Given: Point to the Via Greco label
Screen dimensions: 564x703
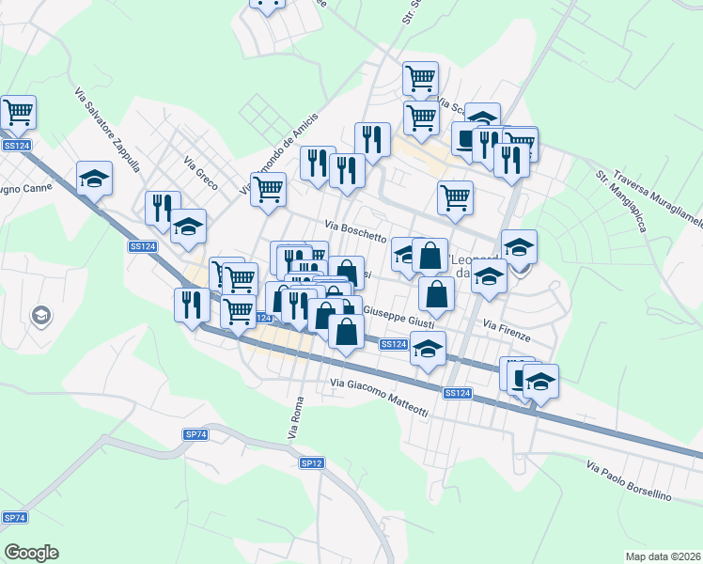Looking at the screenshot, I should [x=201, y=172].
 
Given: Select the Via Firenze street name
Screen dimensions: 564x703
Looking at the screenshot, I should [x=508, y=330].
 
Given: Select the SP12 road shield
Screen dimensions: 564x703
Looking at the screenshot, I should [x=312, y=463].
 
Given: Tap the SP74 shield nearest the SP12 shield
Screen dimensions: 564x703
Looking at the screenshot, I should [x=195, y=434].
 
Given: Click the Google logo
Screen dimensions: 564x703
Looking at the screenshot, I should [x=31, y=553].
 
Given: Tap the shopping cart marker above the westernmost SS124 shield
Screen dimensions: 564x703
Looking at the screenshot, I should [x=19, y=112].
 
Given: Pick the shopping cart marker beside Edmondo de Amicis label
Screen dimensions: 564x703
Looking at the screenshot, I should [x=269, y=189].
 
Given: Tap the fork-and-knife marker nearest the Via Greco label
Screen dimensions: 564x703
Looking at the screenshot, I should [x=164, y=207].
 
